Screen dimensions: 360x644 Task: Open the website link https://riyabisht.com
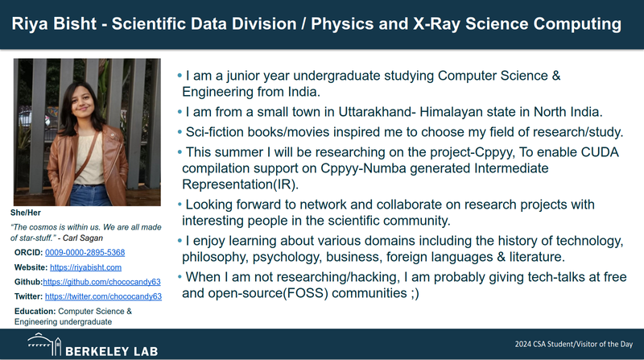click(85, 267)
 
